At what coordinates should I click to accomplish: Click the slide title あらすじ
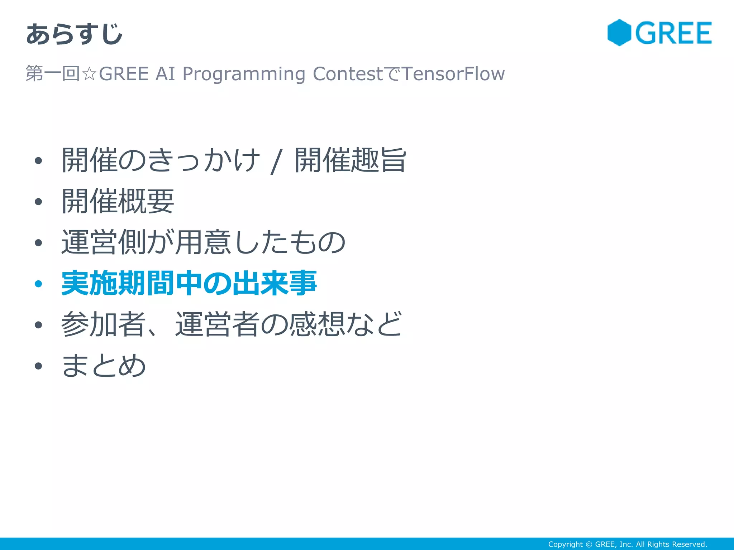74,34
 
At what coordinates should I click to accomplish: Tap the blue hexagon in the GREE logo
619,33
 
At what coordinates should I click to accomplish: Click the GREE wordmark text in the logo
673,33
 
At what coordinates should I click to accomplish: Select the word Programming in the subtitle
244,74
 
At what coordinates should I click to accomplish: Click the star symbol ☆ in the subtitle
89,74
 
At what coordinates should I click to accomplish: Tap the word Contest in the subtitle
348,74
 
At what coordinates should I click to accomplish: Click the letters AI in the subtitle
165,74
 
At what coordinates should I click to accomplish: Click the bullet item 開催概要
118,201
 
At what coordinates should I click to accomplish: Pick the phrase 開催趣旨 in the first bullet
350,160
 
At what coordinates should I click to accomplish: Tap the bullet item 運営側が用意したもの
203,242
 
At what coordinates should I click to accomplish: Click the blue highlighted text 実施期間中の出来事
189,283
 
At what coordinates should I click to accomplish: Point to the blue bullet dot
38,284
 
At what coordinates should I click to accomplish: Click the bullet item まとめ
103,365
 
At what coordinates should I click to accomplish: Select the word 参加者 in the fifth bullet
103,324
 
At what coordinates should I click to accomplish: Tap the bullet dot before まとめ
38,366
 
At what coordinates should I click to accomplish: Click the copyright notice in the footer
627,544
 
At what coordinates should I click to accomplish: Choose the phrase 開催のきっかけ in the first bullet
161,160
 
